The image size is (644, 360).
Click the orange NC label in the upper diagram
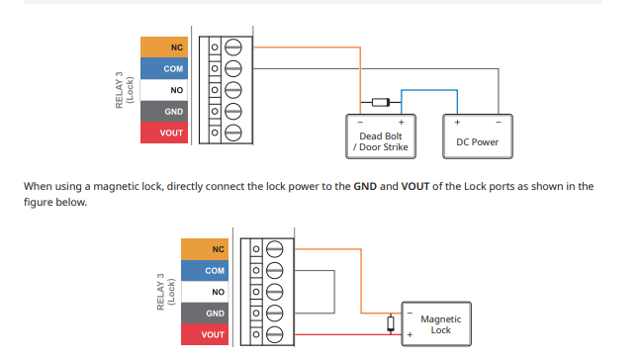pos(164,47)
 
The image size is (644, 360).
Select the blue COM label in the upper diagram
pos(164,68)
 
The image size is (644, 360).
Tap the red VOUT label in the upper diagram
pos(164,133)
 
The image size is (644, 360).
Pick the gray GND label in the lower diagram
pos(205,314)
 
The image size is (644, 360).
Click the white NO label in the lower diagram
pos(205,292)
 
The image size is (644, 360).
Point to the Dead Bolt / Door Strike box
pos(381,136)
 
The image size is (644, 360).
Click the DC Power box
pos(478,136)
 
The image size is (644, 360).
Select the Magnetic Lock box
pos(436,324)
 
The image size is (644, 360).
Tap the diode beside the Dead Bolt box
pos(381,102)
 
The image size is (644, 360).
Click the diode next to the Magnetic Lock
pos(391,323)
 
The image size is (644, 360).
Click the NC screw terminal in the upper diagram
pos(232,47)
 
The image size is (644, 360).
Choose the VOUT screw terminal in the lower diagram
pos(274,334)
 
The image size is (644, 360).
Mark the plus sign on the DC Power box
pos(457,123)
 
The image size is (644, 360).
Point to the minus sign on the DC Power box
pos(499,123)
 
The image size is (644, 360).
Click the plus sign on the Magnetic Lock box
pos(410,335)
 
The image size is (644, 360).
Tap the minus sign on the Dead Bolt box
pos(360,123)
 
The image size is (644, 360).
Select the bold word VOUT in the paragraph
pos(415,186)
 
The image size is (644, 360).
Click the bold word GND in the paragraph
pos(365,186)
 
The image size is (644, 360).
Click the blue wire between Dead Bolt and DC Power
pos(429,90)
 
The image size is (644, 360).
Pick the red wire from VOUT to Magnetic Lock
pos(348,335)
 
